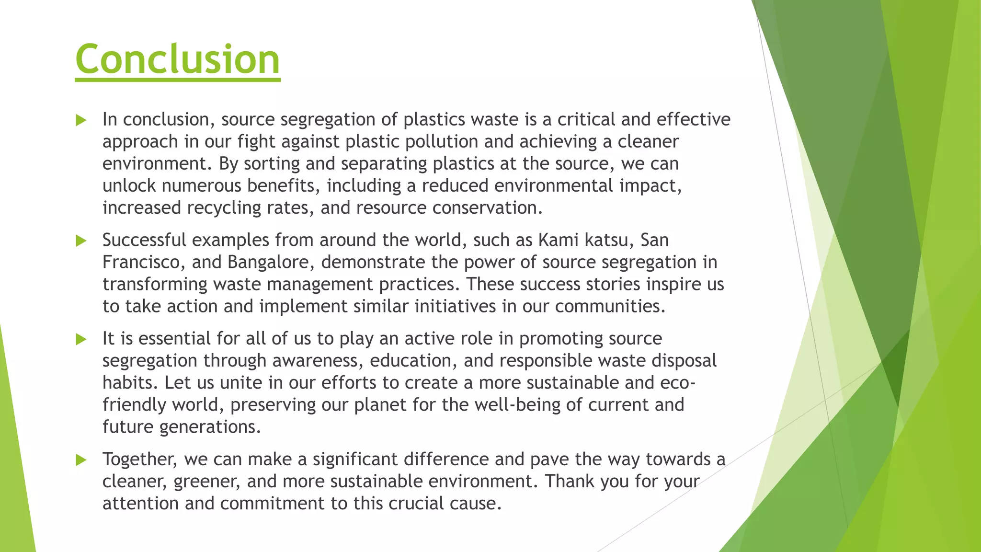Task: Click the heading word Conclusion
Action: pos(177,59)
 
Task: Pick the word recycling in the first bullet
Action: pos(224,208)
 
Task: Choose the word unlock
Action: pos(129,186)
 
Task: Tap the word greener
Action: pos(207,482)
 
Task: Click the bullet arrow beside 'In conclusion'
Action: pos(81,120)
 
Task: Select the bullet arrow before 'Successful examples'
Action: pos(81,241)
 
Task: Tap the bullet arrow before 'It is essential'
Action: pos(81,339)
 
